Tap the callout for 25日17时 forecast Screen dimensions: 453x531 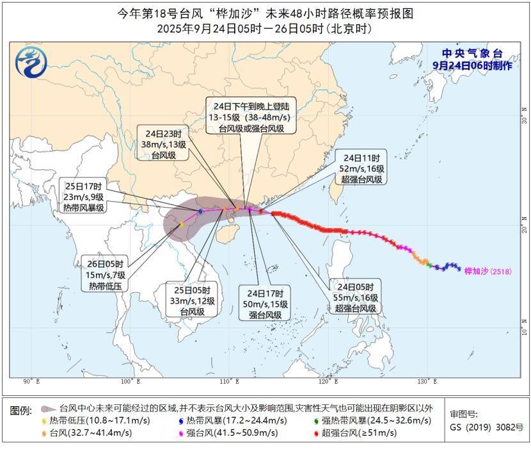[x=84, y=197]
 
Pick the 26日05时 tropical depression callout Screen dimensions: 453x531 [x=106, y=274]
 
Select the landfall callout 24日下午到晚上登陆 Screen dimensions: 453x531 [x=245, y=115]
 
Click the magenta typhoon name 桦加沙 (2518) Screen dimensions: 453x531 [x=487, y=271]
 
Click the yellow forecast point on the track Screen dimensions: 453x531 [x=182, y=224]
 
